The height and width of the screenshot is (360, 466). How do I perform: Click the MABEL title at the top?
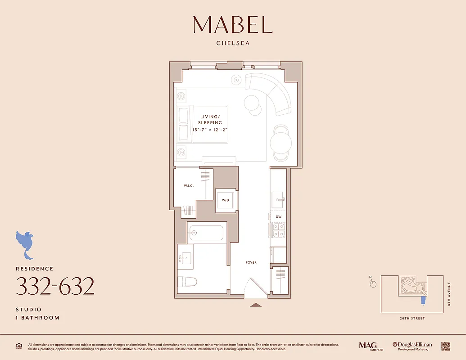(233, 25)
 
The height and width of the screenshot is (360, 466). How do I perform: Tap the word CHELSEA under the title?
(233, 44)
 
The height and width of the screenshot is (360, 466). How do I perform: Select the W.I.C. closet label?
(188, 185)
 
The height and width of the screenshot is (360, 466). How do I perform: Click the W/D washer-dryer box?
(226, 200)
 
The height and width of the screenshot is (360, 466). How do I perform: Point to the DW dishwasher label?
(278, 216)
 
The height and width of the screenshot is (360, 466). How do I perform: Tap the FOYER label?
(251, 262)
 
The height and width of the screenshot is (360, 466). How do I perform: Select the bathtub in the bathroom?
(206, 233)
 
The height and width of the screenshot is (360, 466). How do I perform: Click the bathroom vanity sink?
(185, 259)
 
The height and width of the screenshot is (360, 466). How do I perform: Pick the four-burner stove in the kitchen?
(278, 230)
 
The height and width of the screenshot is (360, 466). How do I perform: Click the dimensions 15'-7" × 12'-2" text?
(210, 130)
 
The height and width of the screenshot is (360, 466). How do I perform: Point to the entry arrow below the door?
(256, 305)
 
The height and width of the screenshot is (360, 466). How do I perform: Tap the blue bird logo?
(25, 243)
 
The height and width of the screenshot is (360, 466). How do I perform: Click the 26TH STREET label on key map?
(412, 318)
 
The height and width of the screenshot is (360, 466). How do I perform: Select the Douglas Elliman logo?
(412, 346)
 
